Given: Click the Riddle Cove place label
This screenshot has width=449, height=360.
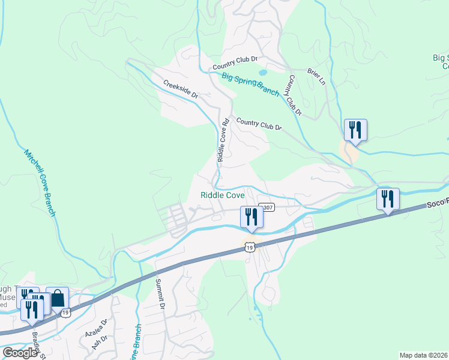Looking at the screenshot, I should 222,195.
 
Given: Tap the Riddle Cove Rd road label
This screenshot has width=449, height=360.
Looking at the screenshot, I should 223,140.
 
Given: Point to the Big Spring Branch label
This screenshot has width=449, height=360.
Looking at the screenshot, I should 250,83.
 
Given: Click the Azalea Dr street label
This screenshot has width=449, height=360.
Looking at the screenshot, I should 104,328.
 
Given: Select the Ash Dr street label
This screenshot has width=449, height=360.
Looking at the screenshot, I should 95,343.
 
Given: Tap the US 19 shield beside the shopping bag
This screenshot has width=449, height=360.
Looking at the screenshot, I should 66,312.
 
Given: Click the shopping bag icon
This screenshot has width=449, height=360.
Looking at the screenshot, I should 57,298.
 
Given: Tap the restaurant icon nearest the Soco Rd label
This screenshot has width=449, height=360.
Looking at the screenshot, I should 388,199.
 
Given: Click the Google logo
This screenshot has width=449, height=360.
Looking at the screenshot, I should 20,353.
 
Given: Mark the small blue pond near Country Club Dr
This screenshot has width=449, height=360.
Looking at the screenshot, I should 262,73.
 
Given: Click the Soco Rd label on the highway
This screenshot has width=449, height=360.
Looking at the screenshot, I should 438,204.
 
